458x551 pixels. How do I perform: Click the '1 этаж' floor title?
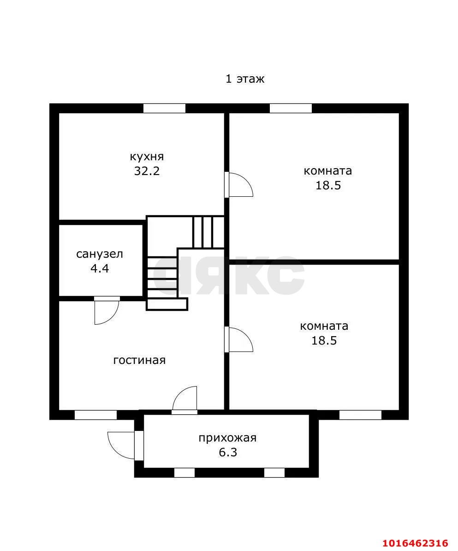coord(244,79)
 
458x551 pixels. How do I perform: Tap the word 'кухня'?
coord(147,157)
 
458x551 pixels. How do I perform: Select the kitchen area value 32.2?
coord(147,171)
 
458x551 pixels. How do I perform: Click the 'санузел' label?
coord(100,254)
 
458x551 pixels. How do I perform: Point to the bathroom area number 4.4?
coord(100,268)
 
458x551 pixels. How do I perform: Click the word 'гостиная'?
coord(139,360)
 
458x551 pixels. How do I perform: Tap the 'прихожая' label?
coord(227,438)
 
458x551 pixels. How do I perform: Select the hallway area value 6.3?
coord(228,452)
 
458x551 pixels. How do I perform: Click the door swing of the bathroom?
coord(107,310)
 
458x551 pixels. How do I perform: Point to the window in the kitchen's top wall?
coord(164,108)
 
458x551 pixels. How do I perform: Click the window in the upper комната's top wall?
coord(291,108)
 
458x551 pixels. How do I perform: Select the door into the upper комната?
coord(238,184)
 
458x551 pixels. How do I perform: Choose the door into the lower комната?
coord(238,339)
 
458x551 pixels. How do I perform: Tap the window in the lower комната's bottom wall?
coord(360,415)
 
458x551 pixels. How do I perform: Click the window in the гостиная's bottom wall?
coord(95,415)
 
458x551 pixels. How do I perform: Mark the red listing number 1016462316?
coord(415,543)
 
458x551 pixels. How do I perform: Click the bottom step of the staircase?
coord(167,304)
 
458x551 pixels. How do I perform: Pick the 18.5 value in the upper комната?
coord(328,186)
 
